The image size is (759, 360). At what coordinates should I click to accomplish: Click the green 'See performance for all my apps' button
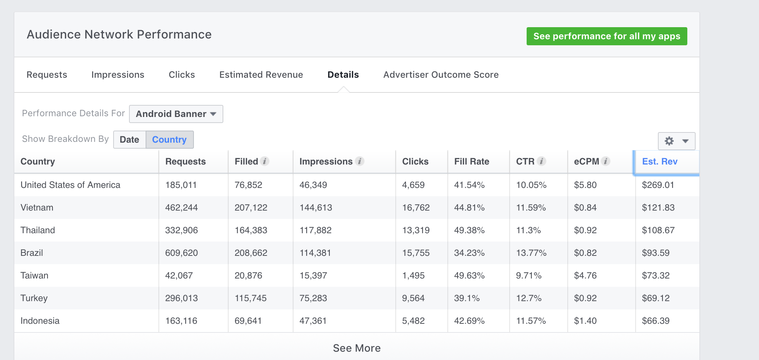pyautogui.click(x=607, y=36)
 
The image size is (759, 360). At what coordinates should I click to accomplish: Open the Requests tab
pyautogui.click(x=47, y=75)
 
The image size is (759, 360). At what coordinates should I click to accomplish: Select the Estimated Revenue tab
pyautogui.click(x=261, y=75)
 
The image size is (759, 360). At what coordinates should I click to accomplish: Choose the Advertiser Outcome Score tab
pyautogui.click(x=441, y=75)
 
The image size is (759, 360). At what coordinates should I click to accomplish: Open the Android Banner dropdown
pyautogui.click(x=176, y=114)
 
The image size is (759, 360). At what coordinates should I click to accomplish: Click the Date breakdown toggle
pyautogui.click(x=129, y=140)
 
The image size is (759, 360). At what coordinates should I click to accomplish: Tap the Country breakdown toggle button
pyautogui.click(x=169, y=140)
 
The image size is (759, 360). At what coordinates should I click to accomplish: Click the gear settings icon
pyautogui.click(x=669, y=141)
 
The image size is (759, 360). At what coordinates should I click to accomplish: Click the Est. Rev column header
pyautogui.click(x=660, y=162)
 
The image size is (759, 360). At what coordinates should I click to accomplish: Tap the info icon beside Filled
pyautogui.click(x=265, y=161)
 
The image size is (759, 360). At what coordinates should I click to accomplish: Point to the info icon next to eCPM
pyautogui.click(x=606, y=161)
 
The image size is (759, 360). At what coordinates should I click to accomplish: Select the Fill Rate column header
pyautogui.click(x=472, y=162)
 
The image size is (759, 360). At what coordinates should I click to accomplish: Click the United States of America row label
pyautogui.click(x=70, y=185)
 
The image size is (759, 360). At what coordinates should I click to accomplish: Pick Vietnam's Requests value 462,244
pyautogui.click(x=181, y=208)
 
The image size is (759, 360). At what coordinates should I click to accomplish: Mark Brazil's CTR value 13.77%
pyautogui.click(x=531, y=253)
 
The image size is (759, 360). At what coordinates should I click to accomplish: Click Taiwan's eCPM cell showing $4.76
pyautogui.click(x=585, y=275)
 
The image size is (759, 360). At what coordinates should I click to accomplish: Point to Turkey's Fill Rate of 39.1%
pyautogui.click(x=467, y=298)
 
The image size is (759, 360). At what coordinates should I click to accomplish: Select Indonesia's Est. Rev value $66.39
pyautogui.click(x=656, y=321)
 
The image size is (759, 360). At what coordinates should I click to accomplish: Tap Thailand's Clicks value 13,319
pyautogui.click(x=416, y=230)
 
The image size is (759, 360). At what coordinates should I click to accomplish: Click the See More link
pyautogui.click(x=357, y=348)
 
